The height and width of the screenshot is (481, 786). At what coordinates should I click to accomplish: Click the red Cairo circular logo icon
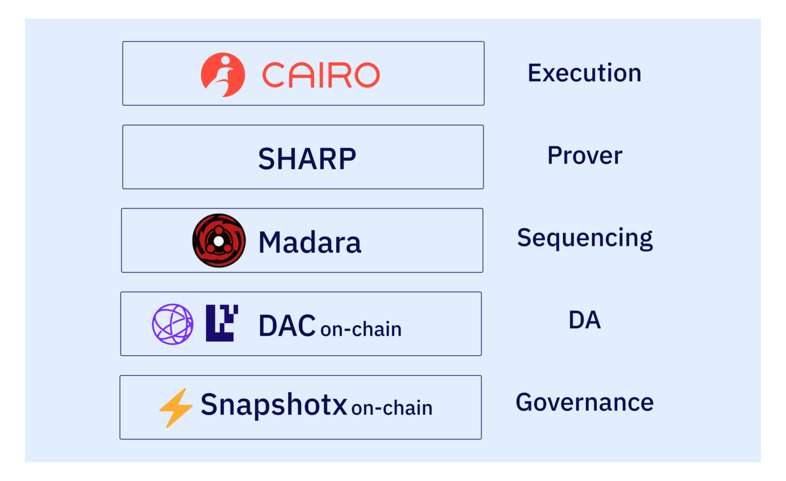click(x=223, y=75)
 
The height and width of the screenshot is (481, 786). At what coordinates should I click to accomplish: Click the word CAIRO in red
click(x=321, y=75)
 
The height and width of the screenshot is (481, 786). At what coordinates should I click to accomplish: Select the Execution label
click(x=584, y=73)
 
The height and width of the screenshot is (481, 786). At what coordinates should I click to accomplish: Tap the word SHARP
click(x=307, y=158)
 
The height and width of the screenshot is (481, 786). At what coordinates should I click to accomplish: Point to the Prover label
click(x=585, y=155)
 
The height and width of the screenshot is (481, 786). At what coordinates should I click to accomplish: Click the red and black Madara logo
click(x=219, y=241)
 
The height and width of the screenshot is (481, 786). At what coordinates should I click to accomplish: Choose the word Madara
click(x=310, y=242)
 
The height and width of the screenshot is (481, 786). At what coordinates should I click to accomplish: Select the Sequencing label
click(x=585, y=238)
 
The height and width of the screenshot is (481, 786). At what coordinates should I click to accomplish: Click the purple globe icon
click(x=172, y=324)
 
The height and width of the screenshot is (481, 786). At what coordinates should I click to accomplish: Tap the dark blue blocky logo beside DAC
click(x=221, y=323)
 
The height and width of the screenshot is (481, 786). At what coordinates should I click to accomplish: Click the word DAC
click(x=287, y=326)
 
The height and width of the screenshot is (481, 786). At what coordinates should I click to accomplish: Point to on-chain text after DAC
click(x=361, y=329)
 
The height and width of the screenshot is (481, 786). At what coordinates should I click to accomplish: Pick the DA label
click(x=584, y=320)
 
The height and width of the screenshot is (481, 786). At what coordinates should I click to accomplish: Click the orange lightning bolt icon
click(x=176, y=407)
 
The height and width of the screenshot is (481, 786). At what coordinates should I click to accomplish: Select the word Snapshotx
click(x=274, y=405)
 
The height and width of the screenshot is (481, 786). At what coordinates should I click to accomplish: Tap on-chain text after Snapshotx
click(x=392, y=408)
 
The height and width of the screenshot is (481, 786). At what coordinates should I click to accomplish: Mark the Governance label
click(x=584, y=402)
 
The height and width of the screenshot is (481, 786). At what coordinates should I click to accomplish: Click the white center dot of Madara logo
click(x=219, y=241)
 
